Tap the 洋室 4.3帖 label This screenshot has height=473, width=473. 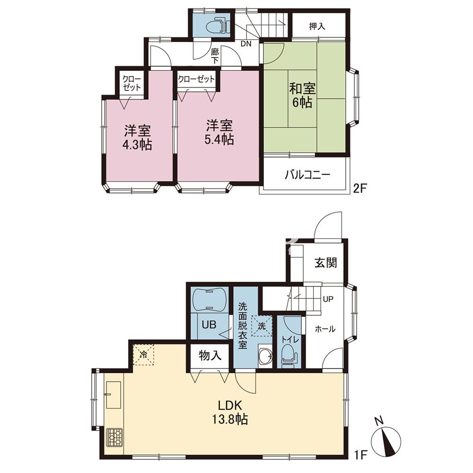click(x=137, y=138)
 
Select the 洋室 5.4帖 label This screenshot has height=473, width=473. click(x=219, y=133)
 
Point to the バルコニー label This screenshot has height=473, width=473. click(x=308, y=175)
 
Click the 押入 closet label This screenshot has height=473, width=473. click(x=317, y=26)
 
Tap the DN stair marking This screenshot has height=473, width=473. click(x=246, y=44)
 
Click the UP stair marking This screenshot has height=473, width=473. click(x=328, y=299)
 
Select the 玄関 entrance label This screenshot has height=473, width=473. click(x=326, y=263)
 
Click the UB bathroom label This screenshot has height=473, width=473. click(x=209, y=324)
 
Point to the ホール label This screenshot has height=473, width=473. click(x=325, y=329)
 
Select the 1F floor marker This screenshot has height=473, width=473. click(x=359, y=454)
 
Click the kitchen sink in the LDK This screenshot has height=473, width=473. click(x=114, y=394)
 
